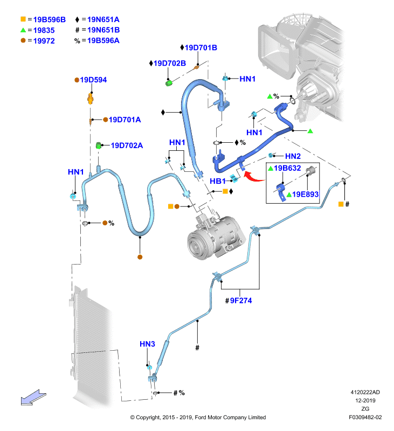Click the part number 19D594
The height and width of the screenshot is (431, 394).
[x=93, y=80]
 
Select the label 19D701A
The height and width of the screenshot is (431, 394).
[x=125, y=120]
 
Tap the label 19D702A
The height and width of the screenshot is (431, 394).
[x=127, y=145]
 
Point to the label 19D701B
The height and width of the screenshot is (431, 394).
[x=201, y=48]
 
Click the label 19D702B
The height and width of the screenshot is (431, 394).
[x=170, y=64]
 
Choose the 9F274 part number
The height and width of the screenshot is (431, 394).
[x=241, y=301]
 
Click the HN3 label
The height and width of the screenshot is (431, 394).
[x=147, y=344]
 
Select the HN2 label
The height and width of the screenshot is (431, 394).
[x=293, y=156]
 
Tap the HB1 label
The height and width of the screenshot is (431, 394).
[x=218, y=182]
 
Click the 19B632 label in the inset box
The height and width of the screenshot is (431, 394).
[x=287, y=168]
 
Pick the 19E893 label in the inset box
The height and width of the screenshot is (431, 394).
[x=305, y=194]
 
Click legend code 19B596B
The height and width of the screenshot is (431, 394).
[x=50, y=20]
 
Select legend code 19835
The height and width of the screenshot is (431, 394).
[x=44, y=31]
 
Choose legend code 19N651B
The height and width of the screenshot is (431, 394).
[x=103, y=30]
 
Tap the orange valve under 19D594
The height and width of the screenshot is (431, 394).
[x=90, y=99]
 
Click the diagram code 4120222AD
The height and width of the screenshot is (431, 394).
[x=365, y=392]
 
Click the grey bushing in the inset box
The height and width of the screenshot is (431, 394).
[x=311, y=171]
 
